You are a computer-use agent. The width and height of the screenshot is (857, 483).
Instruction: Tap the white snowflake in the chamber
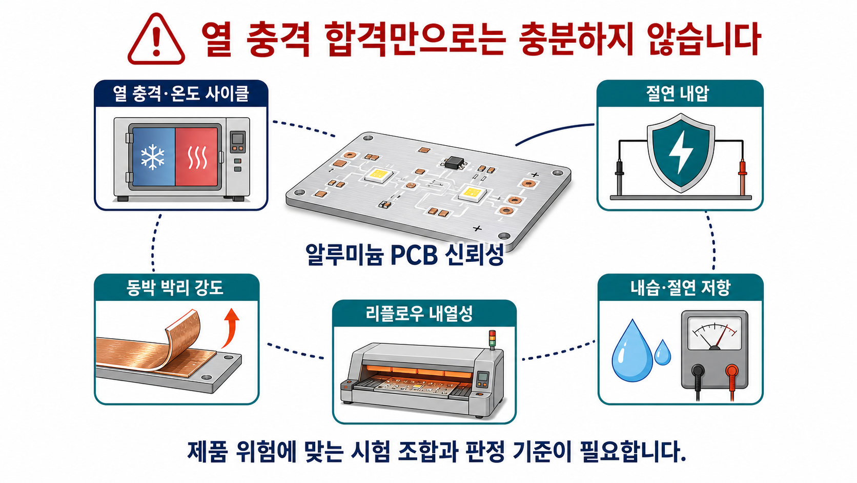(153, 157)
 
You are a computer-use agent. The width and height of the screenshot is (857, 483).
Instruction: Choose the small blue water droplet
(663, 352)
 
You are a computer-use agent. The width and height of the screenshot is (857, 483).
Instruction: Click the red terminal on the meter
(732, 371)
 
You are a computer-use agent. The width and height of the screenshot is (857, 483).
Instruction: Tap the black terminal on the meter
(698, 371)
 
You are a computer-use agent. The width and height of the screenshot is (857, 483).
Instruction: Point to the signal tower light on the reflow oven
(493, 339)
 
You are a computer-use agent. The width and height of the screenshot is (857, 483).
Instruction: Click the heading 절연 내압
(678, 93)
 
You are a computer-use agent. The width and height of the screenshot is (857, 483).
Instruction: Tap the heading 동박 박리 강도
(175, 287)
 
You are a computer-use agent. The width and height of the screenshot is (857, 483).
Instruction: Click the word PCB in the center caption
(414, 255)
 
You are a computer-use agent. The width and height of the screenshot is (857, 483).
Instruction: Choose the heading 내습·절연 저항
(681, 287)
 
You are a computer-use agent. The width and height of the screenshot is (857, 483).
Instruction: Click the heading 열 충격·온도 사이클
(181, 93)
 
